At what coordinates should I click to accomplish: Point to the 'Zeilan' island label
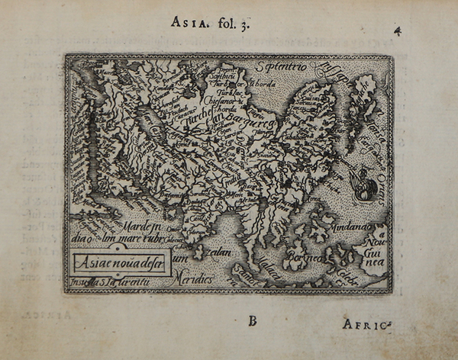(216, 248)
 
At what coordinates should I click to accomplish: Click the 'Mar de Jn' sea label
(137, 227)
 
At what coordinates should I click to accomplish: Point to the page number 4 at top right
(398, 31)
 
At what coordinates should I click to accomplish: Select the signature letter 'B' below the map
(252, 320)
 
